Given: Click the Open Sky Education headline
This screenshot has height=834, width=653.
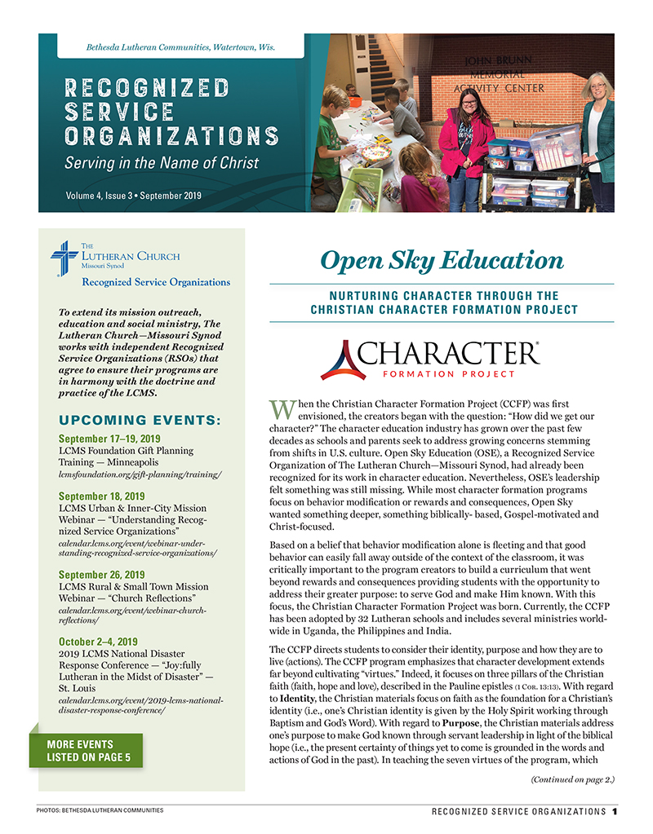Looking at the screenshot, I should (x=442, y=260).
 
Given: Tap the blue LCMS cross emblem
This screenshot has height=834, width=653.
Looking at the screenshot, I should (x=64, y=259).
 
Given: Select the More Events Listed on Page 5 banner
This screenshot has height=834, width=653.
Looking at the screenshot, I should (x=85, y=750).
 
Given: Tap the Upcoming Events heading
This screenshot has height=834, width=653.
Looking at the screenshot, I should (x=140, y=421).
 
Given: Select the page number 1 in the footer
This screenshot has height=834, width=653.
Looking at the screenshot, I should (x=614, y=811).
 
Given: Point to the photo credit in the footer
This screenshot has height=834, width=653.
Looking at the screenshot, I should (x=100, y=810).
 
